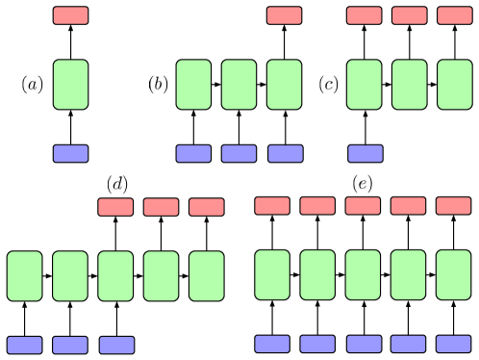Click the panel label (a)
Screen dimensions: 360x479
[33, 85]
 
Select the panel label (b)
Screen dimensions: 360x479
[158, 85]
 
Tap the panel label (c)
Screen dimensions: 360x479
[328, 85]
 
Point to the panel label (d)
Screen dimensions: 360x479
[117, 184]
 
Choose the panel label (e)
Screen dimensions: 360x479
[362, 184]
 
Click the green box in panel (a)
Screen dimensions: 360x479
[70, 85]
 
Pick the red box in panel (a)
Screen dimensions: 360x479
[70, 15]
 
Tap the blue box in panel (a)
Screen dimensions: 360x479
[70, 153]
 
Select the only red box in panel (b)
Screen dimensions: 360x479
[284, 15]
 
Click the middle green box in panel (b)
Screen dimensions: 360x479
[239, 85]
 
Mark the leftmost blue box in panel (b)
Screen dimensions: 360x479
[193, 153]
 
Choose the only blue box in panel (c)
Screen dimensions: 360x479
[365, 153]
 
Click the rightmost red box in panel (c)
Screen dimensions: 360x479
[455, 15]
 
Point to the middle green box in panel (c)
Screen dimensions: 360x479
[409, 85]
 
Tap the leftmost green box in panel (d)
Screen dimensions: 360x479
[24, 276]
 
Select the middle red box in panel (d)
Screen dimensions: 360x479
[161, 207]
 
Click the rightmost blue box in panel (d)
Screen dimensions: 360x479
[116, 345]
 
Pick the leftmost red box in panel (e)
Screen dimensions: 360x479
[271, 205]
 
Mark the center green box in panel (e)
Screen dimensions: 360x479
[363, 275]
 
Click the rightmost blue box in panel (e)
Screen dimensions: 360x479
[453, 344]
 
